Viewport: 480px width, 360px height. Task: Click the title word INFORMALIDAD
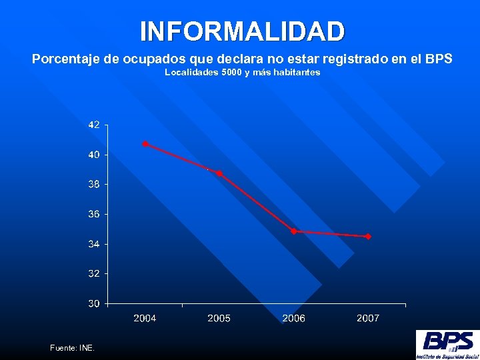pyautogui.click(x=243, y=31)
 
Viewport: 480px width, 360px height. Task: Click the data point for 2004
pyautogui.click(x=145, y=144)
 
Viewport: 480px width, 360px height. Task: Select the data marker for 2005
pyautogui.click(x=219, y=173)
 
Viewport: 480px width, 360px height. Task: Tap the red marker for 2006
pyautogui.click(x=294, y=231)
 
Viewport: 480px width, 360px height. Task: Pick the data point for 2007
pyautogui.click(x=368, y=237)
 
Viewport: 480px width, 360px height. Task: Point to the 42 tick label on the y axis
pyautogui.click(x=94, y=125)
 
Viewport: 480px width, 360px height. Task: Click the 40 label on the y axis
pyautogui.click(x=94, y=155)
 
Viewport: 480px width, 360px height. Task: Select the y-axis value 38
pyautogui.click(x=94, y=184)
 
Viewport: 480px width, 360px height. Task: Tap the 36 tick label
pyautogui.click(x=94, y=214)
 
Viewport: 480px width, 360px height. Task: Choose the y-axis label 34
pyautogui.click(x=94, y=244)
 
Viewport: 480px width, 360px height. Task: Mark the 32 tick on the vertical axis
pyautogui.click(x=94, y=273)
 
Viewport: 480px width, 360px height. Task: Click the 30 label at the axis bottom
pyautogui.click(x=94, y=303)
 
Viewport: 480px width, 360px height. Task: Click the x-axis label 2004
pyautogui.click(x=145, y=319)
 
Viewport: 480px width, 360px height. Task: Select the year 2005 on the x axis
pyautogui.click(x=219, y=319)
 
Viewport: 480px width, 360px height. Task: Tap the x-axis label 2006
pyautogui.click(x=294, y=319)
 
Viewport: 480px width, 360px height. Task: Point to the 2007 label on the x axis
pyautogui.click(x=368, y=319)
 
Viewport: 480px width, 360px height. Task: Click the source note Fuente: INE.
pyautogui.click(x=73, y=348)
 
